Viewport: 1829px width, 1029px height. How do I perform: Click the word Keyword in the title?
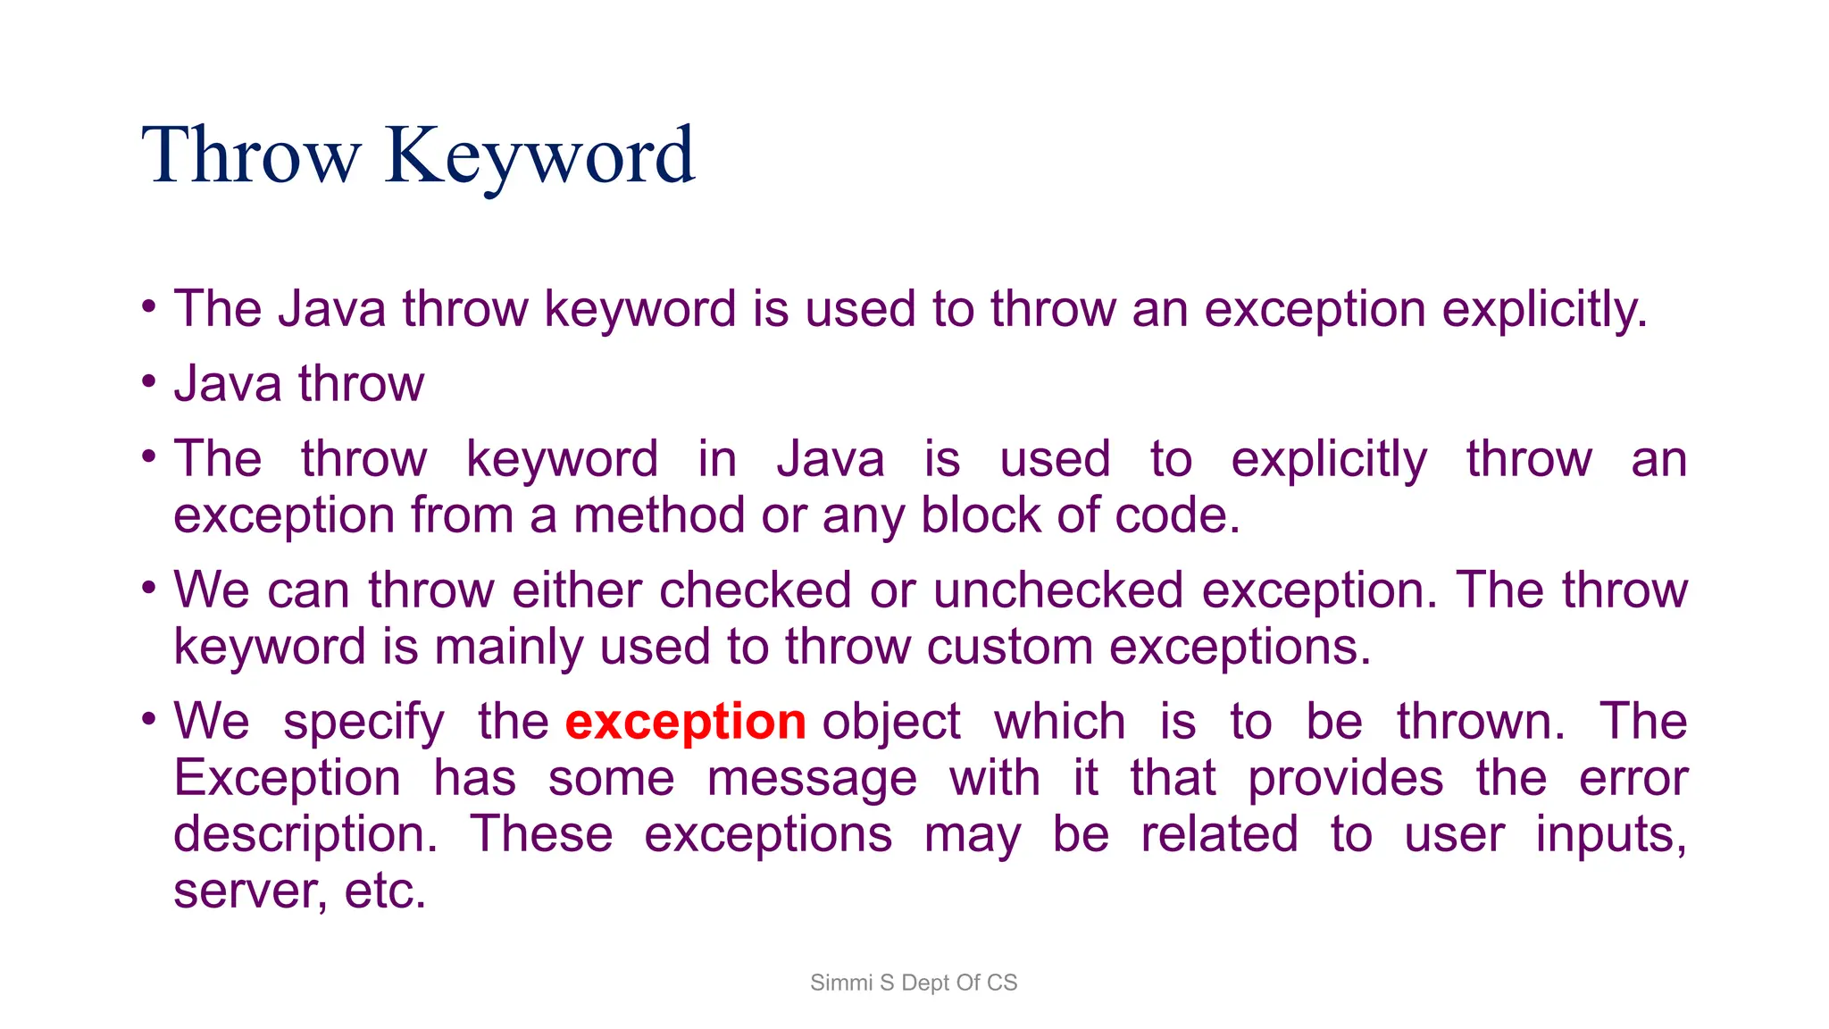539,157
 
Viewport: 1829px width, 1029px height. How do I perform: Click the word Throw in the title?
251,157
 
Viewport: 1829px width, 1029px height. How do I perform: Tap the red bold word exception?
685,722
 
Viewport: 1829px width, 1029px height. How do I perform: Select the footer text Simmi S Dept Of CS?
913,983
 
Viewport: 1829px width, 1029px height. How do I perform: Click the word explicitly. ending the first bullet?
1544,310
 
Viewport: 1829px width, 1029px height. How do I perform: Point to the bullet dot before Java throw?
149,381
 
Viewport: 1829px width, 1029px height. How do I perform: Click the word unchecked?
1058,591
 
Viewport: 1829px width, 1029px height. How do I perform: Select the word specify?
363,722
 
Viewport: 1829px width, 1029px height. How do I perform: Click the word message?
811,778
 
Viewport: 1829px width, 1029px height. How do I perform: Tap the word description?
305,835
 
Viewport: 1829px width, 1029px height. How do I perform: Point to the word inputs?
1611,835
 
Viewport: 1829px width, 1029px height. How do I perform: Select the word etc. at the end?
385,891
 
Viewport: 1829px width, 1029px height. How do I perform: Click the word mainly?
508,647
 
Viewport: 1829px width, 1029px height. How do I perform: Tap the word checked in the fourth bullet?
755,591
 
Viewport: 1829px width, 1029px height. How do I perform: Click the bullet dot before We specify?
149,718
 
